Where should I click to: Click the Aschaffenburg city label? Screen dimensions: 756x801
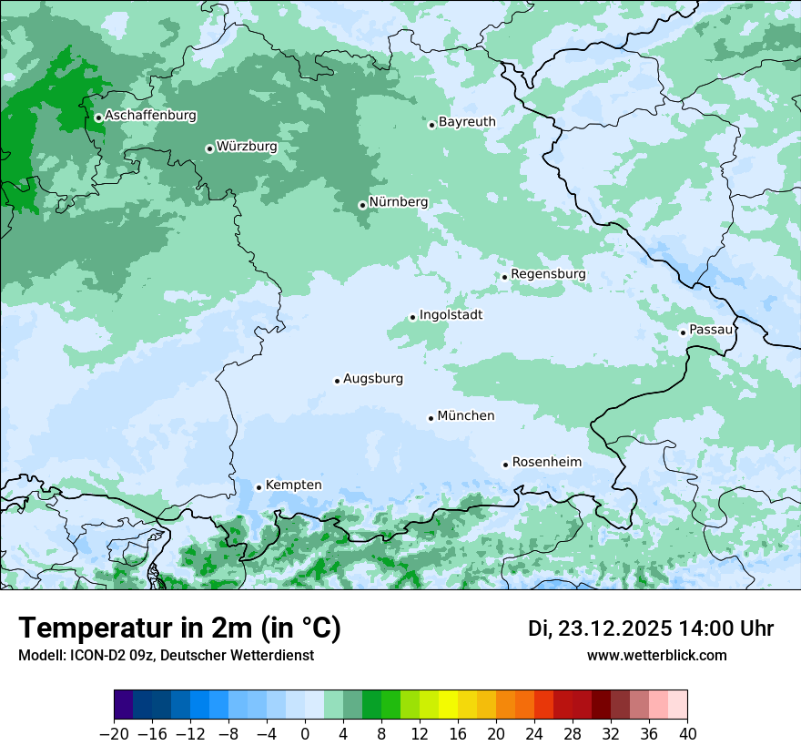pyautogui.click(x=150, y=116)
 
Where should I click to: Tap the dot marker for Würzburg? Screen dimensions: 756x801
pyautogui.click(x=209, y=148)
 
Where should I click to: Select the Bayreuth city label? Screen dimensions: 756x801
pyautogui.click(x=467, y=121)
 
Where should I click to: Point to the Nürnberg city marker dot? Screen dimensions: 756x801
pyautogui.click(x=362, y=205)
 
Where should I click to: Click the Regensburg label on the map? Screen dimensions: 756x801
pyautogui.click(x=548, y=273)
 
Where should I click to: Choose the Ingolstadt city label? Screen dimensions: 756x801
pyautogui.click(x=451, y=314)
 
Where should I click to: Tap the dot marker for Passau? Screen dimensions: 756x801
pyautogui.click(x=683, y=332)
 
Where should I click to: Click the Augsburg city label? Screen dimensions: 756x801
pyautogui.click(x=372, y=378)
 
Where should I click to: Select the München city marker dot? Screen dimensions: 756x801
pyautogui.click(x=431, y=418)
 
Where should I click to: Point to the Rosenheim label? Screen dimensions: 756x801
pyautogui.click(x=546, y=462)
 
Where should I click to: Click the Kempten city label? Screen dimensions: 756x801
pyautogui.click(x=293, y=485)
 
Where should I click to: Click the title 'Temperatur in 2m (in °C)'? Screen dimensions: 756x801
pyautogui.click(x=179, y=628)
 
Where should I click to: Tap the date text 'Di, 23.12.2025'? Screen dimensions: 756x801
pyautogui.click(x=600, y=628)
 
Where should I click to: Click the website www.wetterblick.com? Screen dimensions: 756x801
pyautogui.click(x=656, y=655)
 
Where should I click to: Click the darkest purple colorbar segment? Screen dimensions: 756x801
pyautogui.click(x=124, y=705)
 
